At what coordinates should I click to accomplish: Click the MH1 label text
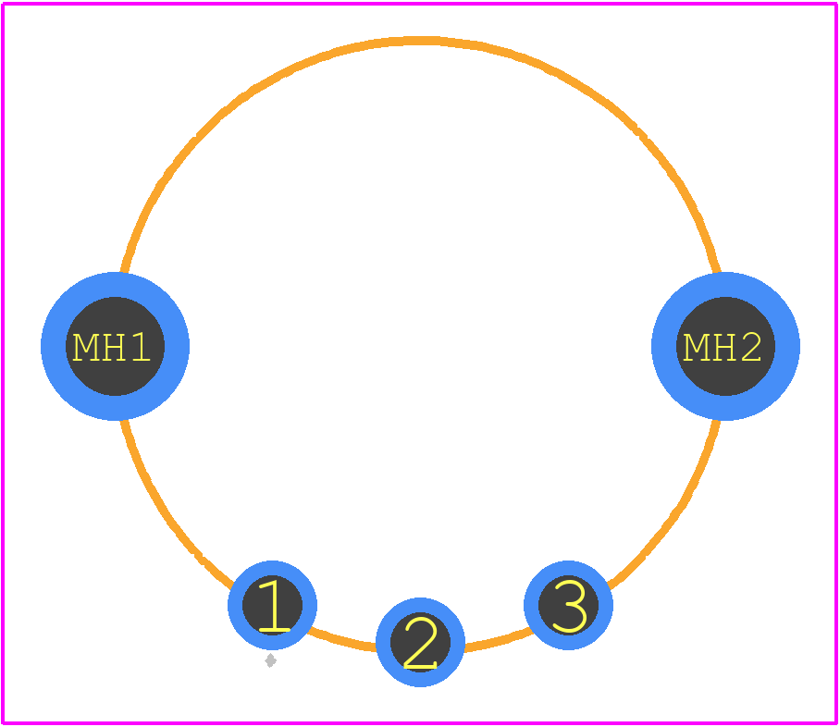111,347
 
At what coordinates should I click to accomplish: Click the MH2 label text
723,347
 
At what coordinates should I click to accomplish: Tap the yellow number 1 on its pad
274,605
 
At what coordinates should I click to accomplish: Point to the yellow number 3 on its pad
570,606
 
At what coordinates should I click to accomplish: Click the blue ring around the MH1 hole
53,347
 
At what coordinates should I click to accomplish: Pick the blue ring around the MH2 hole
663,347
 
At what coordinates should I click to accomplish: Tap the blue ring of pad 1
235,605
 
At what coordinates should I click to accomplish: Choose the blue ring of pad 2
383,642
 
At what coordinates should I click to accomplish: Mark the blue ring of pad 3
531,605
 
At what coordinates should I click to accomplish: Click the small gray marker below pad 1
270,660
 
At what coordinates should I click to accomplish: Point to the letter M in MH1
85,347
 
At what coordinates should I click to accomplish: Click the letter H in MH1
113,347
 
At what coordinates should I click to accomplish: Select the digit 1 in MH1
141,347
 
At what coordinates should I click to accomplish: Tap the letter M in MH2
697,347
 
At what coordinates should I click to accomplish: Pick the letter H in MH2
723,347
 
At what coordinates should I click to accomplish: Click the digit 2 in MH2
751,347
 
